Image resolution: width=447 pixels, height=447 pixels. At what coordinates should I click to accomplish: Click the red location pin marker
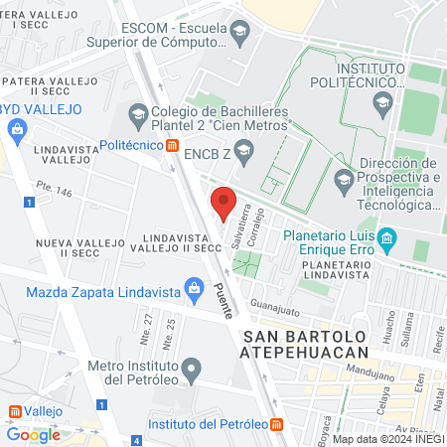[223, 202]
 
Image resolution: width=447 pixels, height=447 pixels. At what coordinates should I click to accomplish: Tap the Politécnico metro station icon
[172, 146]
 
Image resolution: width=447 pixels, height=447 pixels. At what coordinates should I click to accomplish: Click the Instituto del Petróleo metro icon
[277, 424]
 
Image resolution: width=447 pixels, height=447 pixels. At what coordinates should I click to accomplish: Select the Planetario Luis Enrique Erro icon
[388, 238]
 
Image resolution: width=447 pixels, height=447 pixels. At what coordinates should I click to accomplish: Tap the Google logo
[33, 434]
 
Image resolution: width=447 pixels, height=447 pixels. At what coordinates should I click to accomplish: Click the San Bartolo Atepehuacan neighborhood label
[305, 343]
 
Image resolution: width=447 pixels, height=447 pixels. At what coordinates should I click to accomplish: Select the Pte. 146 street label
[55, 188]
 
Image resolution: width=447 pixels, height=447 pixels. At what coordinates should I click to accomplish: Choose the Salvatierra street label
[237, 227]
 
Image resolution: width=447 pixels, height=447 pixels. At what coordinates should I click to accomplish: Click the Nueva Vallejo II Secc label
[76, 246]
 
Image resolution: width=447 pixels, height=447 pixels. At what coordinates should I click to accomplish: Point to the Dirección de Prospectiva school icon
[345, 180]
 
